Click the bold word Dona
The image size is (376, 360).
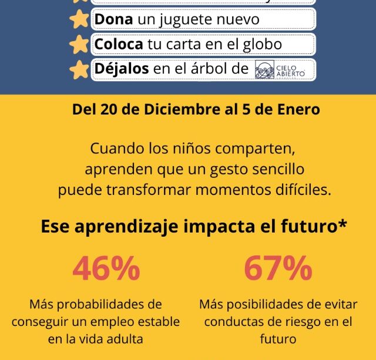(x=114, y=20)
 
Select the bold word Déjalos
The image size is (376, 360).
(x=122, y=69)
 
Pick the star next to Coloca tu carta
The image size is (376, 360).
(x=79, y=45)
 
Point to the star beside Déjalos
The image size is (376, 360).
(x=79, y=70)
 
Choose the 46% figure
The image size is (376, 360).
(x=106, y=268)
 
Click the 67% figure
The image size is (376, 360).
(x=278, y=268)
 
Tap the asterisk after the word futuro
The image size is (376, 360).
(x=343, y=226)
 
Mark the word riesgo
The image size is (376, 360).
(x=303, y=322)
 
